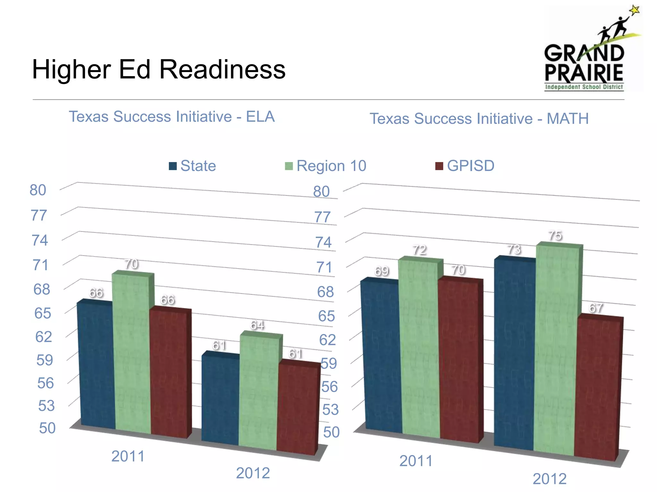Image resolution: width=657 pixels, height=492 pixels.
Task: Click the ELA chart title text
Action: pyautogui.click(x=172, y=117)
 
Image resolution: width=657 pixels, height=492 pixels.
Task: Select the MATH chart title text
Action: pyautogui.click(x=479, y=119)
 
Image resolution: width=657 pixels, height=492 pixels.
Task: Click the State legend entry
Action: pyautogui.click(x=192, y=166)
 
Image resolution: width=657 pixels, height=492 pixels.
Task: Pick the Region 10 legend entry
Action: pyautogui.click(x=326, y=166)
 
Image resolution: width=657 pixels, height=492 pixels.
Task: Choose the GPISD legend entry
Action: pyautogui.click(x=465, y=166)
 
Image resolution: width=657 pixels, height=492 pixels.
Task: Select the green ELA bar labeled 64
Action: pyautogui.click(x=259, y=391)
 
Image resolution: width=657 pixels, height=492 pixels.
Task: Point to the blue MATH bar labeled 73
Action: pyautogui.click(x=514, y=352)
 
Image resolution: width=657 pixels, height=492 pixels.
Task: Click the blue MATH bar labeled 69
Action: pyautogui.click(x=381, y=356)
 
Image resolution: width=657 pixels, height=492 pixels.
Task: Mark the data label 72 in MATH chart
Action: pyautogui.click(x=420, y=250)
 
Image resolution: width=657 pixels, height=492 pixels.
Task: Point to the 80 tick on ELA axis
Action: pyautogui.click(x=38, y=190)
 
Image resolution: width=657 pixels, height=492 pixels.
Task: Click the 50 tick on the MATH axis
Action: pyautogui.click(x=331, y=432)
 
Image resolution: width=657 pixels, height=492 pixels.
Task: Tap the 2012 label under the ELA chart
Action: pyautogui.click(x=253, y=473)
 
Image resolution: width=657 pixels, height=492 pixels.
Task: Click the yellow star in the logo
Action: pyautogui.click(x=634, y=10)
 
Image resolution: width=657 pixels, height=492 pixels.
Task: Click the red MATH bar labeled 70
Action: pyautogui.click(x=459, y=359)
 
